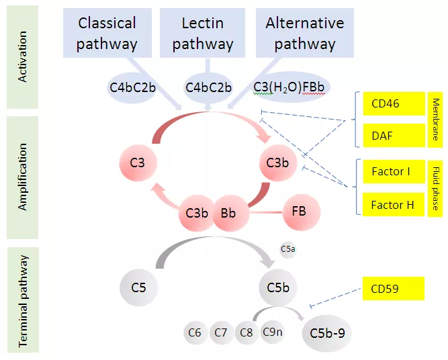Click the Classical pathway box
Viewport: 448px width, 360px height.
[107, 33]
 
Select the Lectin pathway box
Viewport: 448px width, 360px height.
[202, 33]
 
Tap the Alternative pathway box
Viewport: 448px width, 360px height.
[304, 33]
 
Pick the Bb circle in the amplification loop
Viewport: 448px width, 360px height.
[228, 214]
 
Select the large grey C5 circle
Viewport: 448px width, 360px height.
[139, 288]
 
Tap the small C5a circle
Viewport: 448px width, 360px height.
[287, 249]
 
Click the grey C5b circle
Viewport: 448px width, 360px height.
[278, 288]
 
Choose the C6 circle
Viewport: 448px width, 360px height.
[195, 332]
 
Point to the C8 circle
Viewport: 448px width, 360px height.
[247, 332]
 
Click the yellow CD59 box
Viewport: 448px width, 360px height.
[394, 289]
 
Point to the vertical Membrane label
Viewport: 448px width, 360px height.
[435, 120]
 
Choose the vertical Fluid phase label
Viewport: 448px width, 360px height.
[435, 187]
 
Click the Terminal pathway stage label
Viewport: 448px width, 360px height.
[23, 300]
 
